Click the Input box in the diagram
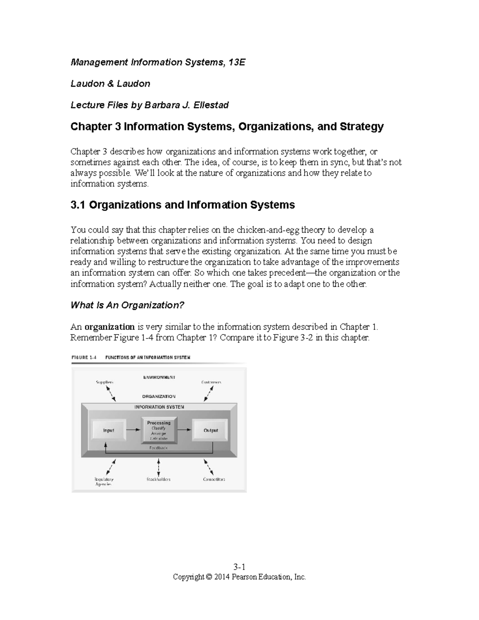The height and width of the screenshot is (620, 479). pos(109,430)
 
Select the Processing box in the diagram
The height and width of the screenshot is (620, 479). pos(158,430)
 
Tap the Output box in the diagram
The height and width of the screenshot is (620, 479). pos(210,430)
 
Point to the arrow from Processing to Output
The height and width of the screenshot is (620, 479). pos(184,430)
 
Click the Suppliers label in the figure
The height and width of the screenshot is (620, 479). pos(105,382)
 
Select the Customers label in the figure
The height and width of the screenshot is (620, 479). pos(211,382)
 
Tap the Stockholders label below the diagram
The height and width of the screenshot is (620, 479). pos(158,479)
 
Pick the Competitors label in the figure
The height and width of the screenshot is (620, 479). pos(214,479)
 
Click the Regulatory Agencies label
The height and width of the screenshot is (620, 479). pos(104,481)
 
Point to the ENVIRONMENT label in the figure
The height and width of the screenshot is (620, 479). pos(159,377)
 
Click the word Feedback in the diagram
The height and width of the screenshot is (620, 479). pos(158,448)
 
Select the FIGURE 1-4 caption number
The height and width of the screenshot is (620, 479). pos(84,358)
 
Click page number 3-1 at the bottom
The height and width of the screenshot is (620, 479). pos(239,567)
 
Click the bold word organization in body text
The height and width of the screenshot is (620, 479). pos(110,327)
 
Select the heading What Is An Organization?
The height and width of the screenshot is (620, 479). pos(127,305)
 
